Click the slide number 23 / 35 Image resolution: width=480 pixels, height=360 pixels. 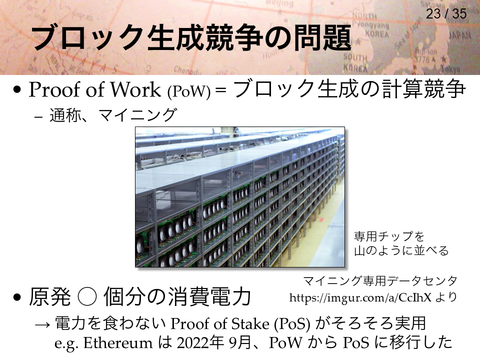446,14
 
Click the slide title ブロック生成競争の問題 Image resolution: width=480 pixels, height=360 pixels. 191,38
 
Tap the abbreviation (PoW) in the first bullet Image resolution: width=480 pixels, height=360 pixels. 189,91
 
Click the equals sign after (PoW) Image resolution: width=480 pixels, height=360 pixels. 220,91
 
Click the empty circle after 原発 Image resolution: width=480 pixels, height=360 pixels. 87,296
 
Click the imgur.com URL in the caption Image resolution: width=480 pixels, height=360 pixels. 360,297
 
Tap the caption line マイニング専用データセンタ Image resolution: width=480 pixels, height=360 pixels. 380,280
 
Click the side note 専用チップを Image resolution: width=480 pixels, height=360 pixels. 389,236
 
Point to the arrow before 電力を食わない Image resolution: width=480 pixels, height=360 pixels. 42,324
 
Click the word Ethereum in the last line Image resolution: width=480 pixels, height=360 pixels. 118,342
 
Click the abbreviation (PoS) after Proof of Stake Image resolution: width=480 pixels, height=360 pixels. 292,324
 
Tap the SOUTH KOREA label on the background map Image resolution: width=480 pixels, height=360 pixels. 355,62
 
